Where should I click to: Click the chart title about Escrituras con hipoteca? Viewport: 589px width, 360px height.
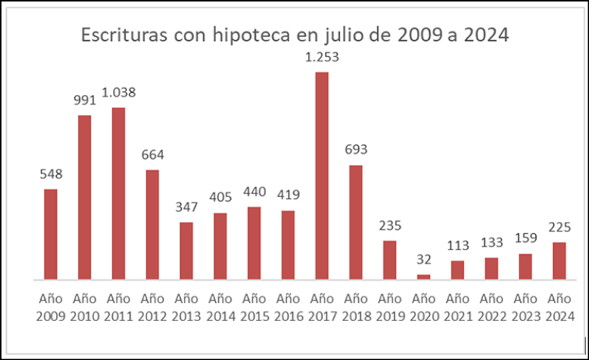[294, 36]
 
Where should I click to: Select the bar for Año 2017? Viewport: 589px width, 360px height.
[322, 176]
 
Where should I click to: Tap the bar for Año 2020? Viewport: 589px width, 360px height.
[424, 276]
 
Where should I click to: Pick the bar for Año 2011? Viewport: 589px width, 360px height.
[118, 193]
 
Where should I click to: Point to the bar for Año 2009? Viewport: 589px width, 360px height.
[51, 234]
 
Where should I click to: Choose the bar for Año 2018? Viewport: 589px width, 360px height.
[356, 222]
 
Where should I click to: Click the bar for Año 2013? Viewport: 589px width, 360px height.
[186, 250]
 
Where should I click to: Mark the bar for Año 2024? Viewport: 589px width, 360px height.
[558, 261]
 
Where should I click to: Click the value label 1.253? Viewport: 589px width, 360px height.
[322, 58]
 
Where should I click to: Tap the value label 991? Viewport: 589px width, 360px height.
[84, 101]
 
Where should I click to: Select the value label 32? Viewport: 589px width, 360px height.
[424, 259]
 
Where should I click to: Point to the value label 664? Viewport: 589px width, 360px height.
[152, 155]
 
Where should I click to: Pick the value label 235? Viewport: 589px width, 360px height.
[390, 226]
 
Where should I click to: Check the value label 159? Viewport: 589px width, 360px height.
[525, 240]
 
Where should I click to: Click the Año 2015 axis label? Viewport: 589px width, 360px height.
[254, 307]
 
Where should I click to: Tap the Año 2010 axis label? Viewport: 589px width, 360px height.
[84, 307]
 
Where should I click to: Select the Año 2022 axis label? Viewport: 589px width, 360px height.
[491, 307]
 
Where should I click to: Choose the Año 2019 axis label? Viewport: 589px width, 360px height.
[390, 307]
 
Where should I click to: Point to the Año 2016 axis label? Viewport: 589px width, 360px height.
[288, 307]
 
